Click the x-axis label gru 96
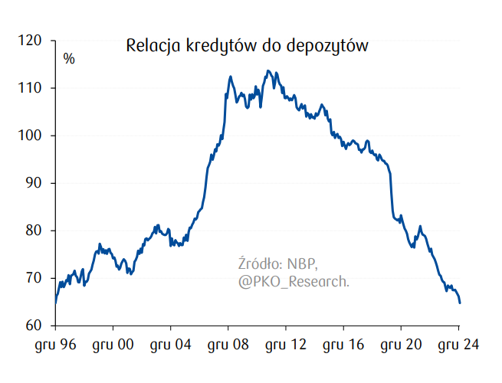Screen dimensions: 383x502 (55, 345)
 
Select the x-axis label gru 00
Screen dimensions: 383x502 (113, 345)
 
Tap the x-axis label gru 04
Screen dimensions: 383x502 (170, 345)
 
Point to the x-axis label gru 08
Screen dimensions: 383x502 (228, 345)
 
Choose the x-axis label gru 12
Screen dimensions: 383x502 (285, 345)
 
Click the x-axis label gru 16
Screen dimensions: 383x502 (343, 345)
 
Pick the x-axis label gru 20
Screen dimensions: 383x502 (401, 345)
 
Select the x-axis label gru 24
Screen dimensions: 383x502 (458, 345)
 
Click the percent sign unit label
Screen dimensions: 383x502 (69, 58)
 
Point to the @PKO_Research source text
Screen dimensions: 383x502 (294, 283)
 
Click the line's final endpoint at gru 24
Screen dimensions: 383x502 (459, 303)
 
